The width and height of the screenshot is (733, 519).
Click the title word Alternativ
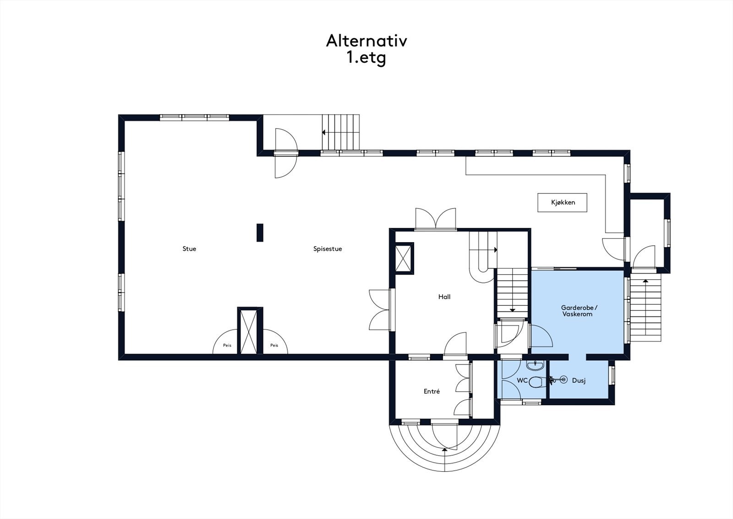tap(366, 41)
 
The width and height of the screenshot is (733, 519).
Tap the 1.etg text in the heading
tap(366, 58)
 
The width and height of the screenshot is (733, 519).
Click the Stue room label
tap(189, 249)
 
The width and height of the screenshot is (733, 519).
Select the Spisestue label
tap(328, 249)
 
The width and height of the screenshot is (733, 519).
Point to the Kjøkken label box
tap(563, 202)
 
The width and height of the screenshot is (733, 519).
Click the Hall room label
tap(444, 297)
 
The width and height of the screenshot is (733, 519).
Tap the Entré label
tap(432, 392)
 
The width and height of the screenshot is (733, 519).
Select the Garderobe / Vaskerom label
tap(579, 311)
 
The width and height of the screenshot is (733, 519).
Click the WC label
tap(522, 381)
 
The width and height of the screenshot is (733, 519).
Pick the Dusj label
tap(579, 381)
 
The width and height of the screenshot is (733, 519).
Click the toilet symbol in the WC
tap(536, 381)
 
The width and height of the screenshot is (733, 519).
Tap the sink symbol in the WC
tap(535, 365)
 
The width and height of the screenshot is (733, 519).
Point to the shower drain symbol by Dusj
tap(563, 380)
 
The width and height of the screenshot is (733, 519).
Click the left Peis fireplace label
tap(227, 345)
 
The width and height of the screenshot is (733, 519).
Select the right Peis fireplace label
tap(274, 345)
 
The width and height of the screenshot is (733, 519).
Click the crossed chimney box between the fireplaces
tap(250, 331)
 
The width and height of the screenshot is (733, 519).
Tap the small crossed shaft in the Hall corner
tap(404, 259)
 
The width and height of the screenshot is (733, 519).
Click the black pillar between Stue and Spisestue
tap(260, 232)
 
